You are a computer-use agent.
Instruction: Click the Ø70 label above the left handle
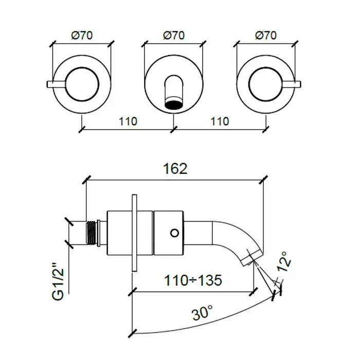82,35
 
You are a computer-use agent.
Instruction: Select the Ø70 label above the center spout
174,35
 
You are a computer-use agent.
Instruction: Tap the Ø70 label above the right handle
266,35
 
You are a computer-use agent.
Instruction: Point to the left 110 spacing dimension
128,121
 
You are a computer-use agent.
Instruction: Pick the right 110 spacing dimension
220,121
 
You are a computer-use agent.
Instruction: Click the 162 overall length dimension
175,169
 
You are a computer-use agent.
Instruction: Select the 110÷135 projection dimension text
193,280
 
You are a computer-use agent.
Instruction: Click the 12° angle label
284,262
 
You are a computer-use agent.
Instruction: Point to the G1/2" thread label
58,285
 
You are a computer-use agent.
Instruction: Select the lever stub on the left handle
56,84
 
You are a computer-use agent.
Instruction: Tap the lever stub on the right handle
292,84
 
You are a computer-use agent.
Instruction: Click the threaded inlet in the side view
92,232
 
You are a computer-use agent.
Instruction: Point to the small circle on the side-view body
174,233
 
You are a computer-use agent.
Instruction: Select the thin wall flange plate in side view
135,233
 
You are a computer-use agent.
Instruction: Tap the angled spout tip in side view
252,258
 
